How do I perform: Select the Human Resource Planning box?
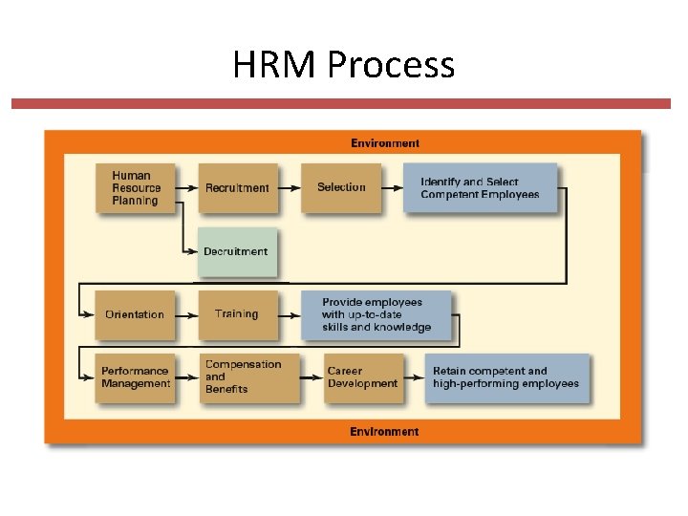point(135,187)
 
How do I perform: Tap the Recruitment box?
point(237,187)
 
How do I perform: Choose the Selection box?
point(341,187)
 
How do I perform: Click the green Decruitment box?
point(236,251)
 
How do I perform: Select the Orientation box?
point(135,314)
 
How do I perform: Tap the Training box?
point(237,314)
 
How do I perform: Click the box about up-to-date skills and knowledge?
point(376,314)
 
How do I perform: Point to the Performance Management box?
point(135,377)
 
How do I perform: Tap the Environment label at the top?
point(384,143)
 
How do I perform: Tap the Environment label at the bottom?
point(384,432)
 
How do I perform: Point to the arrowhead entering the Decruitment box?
point(192,251)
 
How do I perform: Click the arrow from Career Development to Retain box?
point(416,377)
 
